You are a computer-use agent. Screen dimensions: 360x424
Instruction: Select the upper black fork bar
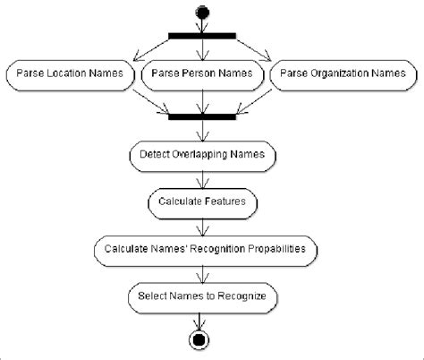[202, 36]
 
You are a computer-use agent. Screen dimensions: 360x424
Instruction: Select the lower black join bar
[202, 116]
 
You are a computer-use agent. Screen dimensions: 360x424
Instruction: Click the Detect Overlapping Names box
[202, 155]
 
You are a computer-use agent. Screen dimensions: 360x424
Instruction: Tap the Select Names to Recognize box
[202, 295]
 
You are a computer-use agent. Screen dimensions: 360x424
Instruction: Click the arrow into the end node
[202, 320]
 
